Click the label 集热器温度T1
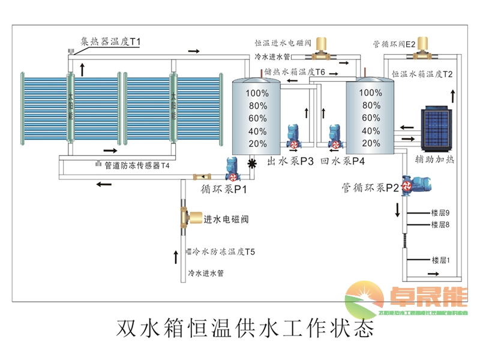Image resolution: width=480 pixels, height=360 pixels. pos(111,42)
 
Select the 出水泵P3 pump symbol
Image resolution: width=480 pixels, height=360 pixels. pos(293,137)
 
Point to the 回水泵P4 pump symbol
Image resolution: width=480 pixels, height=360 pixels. pos(335,137)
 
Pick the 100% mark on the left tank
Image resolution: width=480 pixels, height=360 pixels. pos(257,93)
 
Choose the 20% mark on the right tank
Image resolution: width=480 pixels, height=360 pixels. pos(371,144)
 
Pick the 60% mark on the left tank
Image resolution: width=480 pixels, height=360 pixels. pos(257,118)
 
